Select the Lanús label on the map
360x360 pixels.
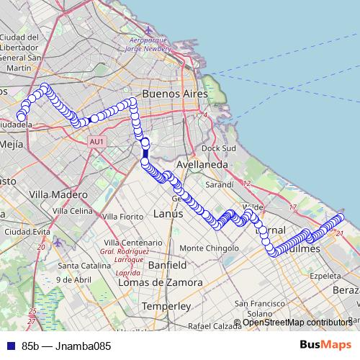168,214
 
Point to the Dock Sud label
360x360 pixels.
219,148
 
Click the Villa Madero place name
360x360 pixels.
58,194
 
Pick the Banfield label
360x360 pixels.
167,266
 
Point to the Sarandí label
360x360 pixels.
219,184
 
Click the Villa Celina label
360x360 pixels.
72,211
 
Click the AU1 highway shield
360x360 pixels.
98,142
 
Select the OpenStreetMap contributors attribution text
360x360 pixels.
297,323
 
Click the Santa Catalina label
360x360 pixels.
81,266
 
